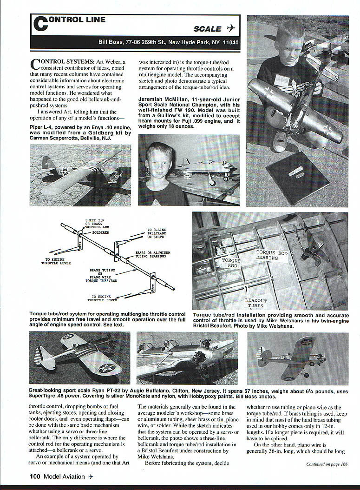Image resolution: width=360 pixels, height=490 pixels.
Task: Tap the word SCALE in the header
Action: (x=207, y=29)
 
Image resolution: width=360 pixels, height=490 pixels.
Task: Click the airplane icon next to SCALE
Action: (x=231, y=28)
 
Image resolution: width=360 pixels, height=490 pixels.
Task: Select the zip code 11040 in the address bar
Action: (x=229, y=42)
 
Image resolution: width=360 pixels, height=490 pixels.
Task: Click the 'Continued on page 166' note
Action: (x=327, y=464)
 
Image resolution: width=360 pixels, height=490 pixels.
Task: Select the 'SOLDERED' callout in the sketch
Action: (x=101, y=232)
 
